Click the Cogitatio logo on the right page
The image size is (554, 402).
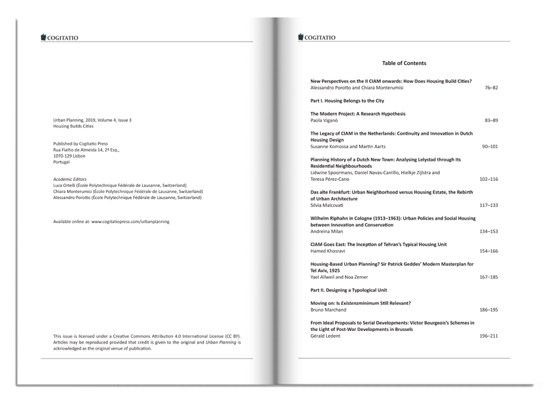[x=317, y=38]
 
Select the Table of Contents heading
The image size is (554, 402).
[x=404, y=63]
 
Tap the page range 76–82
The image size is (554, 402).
[x=491, y=88]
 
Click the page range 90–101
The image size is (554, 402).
[x=489, y=145]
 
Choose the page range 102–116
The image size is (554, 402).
[x=489, y=179]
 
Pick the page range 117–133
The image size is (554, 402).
[x=489, y=205]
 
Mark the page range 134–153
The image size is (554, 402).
[x=489, y=231]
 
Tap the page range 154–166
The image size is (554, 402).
[x=489, y=251]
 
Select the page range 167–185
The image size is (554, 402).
[x=489, y=277]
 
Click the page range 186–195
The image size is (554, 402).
[x=489, y=310]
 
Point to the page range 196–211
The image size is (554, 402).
[x=489, y=336]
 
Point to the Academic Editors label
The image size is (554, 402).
[x=70, y=179]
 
